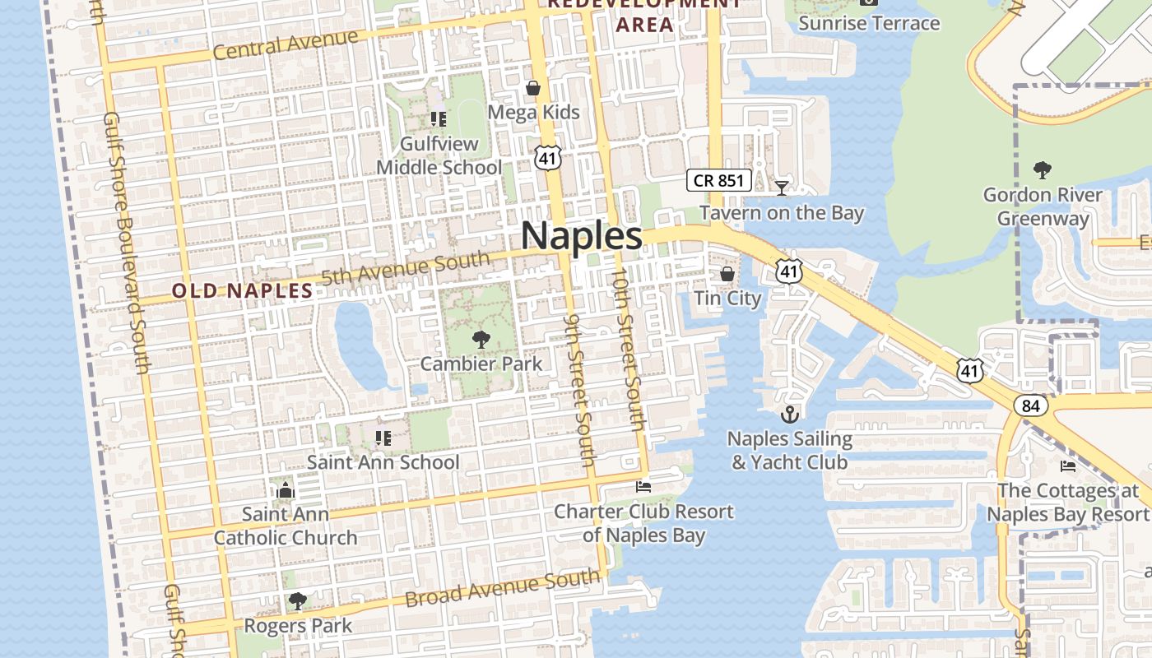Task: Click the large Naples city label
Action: tap(581, 236)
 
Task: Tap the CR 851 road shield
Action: tap(719, 181)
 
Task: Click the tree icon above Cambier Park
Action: tap(481, 340)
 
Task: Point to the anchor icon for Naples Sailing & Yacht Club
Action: tap(790, 415)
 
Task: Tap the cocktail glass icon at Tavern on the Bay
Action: tap(781, 188)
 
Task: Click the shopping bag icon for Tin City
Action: tap(727, 274)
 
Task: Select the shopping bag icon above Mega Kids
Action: tap(533, 88)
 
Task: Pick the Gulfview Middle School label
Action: tap(439, 155)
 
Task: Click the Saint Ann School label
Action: tap(383, 462)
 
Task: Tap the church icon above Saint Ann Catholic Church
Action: tap(286, 491)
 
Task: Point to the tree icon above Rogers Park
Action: tap(298, 602)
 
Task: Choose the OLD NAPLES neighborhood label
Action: tap(242, 290)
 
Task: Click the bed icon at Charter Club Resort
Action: tap(643, 487)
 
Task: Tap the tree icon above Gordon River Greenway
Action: tap(1042, 171)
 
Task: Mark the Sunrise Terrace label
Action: tap(869, 22)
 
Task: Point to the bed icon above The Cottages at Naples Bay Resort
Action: tap(1068, 466)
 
